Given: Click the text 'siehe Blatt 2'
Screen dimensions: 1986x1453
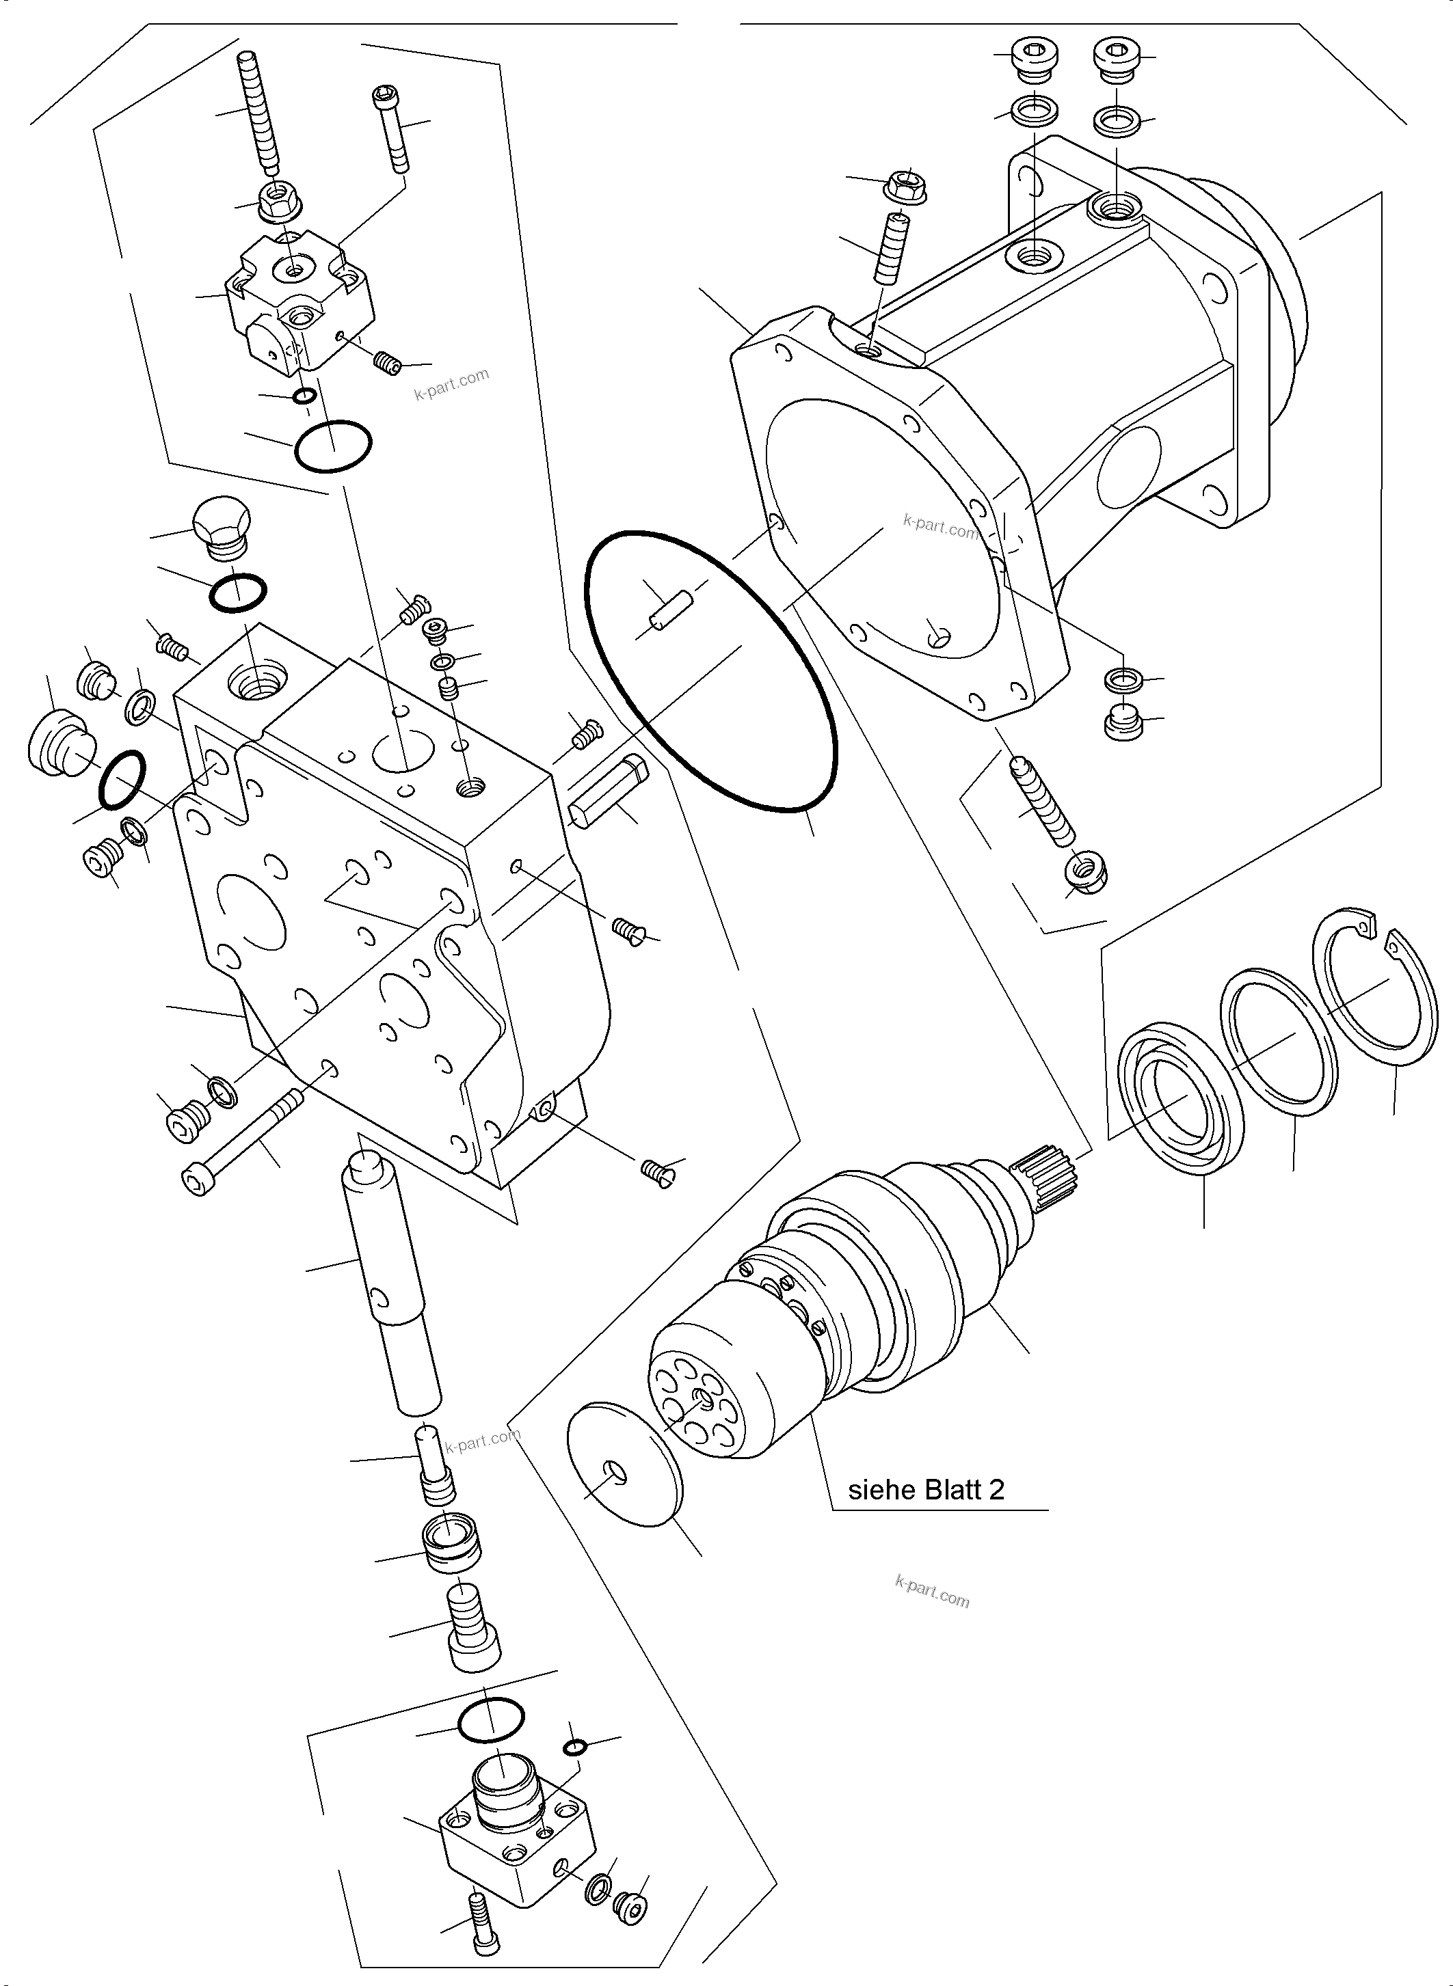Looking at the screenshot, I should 925,1489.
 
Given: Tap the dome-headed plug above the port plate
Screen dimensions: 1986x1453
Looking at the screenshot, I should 221,527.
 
